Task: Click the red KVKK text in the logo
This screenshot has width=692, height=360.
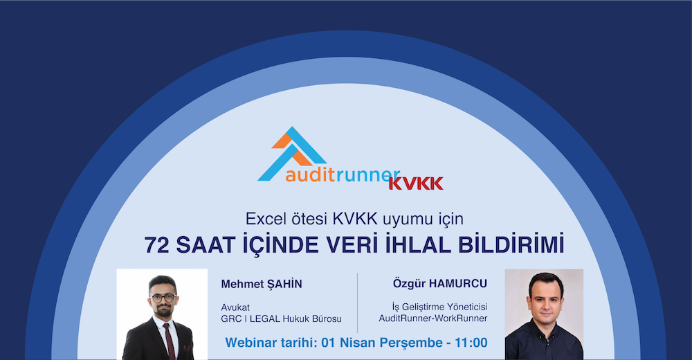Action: (416, 183)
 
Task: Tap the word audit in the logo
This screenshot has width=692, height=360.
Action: (310, 175)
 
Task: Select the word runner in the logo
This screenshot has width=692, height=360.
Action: (367, 176)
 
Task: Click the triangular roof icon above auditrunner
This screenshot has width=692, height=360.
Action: (292, 153)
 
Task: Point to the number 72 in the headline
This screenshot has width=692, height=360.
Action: (157, 245)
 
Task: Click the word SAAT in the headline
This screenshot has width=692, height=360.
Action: (206, 245)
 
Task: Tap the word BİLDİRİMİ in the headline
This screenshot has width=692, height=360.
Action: (511, 244)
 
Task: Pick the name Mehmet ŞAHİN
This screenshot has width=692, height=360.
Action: (262, 284)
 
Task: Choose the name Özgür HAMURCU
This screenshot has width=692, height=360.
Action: (440, 283)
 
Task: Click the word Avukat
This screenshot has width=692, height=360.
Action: (235, 307)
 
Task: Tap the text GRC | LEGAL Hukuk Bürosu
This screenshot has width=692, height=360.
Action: (281, 318)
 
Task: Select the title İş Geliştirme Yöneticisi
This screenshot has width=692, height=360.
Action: (439, 307)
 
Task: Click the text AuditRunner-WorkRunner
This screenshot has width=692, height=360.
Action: (433, 318)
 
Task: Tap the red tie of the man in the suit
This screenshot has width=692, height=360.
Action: (169, 341)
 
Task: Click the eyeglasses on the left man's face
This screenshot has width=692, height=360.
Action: (163, 298)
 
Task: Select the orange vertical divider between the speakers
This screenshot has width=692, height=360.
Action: (358, 303)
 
